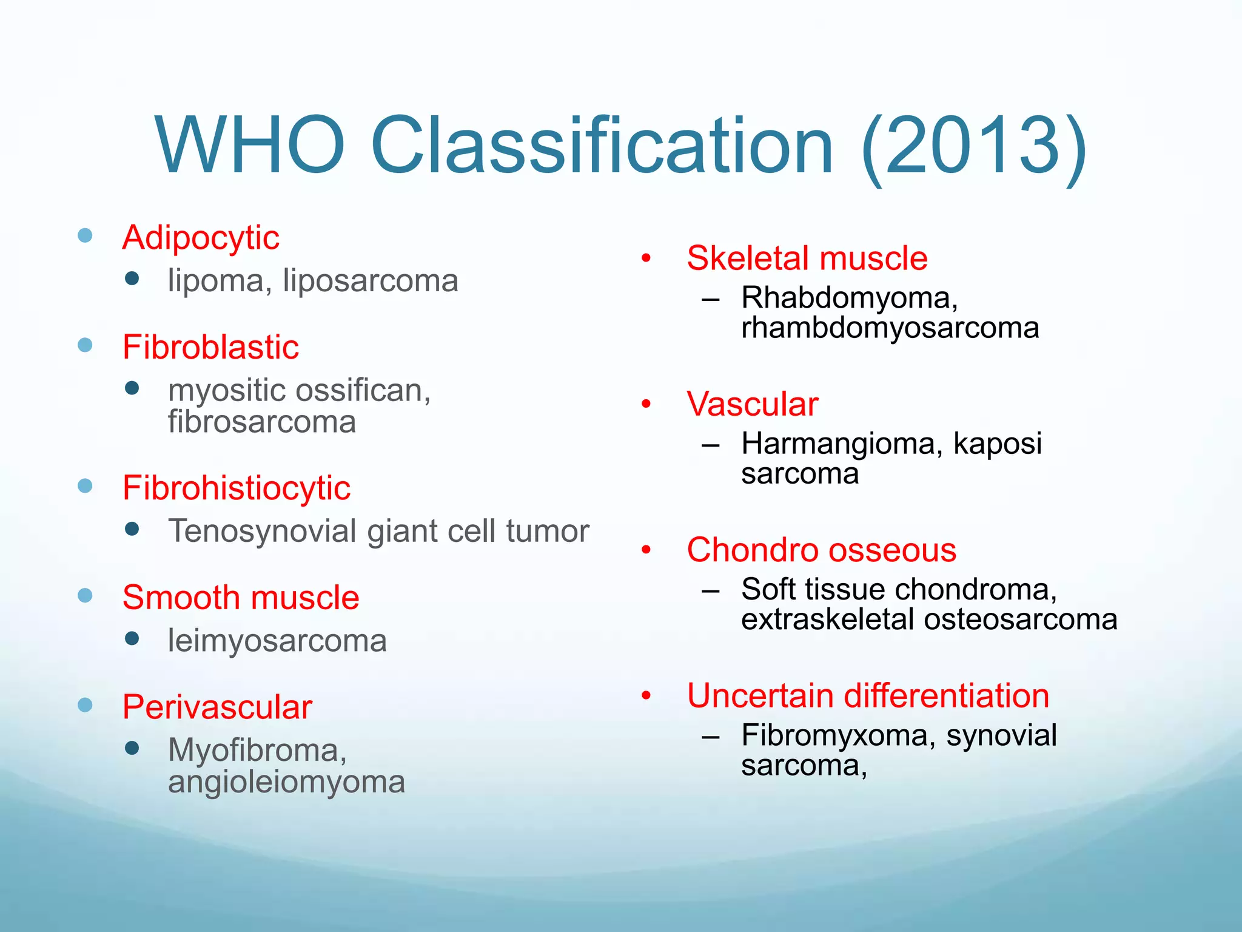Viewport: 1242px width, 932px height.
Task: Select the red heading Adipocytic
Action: click(x=201, y=237)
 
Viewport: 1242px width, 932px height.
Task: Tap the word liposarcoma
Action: click(x=371, y=281)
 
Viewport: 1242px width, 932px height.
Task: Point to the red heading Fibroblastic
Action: click(x=210, y=347)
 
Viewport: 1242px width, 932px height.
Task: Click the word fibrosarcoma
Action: click(x=261, y=422)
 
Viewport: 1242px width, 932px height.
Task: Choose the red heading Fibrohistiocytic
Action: click(x=236, y=488)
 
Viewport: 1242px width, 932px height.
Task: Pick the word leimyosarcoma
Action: click(x=277, y=641)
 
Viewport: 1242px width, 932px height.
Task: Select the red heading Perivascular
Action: click(x=217, y=707)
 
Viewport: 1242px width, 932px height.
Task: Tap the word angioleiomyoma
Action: click(x=286, y=782)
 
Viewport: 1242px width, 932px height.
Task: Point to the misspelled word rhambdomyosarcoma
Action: click(x=890, y=328)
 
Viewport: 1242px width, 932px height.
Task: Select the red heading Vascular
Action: click(x=752, y=404)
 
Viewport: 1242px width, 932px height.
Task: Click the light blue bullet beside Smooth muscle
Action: click(x=86, y=595)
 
